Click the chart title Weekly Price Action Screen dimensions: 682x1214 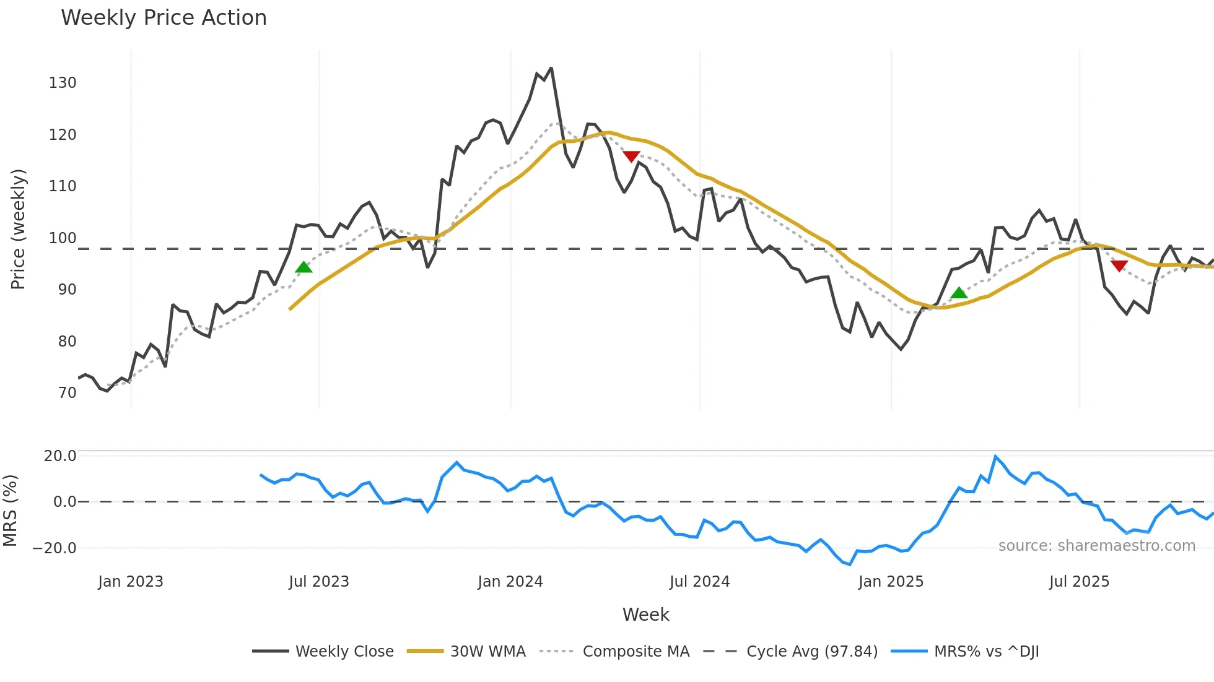pyautogui.click(x=164, y=18)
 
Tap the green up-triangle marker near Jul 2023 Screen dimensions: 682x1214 pyautogui.click(x=303, y=267)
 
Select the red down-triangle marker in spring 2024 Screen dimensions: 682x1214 pyautogui.click(x=631, y=157)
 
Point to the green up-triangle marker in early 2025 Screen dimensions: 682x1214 pyautogui.click(x=959, y=293)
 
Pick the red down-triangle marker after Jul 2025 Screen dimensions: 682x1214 pyautogui.click(x=1119, y=266)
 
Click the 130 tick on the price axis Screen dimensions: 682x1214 pyautogui.click(x=63, y=83)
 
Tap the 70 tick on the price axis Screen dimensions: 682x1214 pyautogui.click(x=67, y=393)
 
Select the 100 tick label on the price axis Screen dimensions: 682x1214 pyautogui.click(x=63, y=238)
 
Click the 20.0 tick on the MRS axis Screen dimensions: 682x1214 pyautogui.click(x=60, y=456)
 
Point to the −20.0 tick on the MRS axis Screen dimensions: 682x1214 pyautogui.click(x=55, y=548)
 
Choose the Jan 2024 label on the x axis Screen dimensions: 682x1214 pyautogui.click(x=510, y=582)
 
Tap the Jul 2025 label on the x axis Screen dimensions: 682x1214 pyautogui.click(x=1079, y=582)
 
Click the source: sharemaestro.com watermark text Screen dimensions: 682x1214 pyautogui.click(x=1096, y=546)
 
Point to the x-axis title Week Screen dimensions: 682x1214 pyautogui.click(x=645, y=615)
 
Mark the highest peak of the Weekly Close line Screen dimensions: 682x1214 pyautogui.click(x=551, y=69)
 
